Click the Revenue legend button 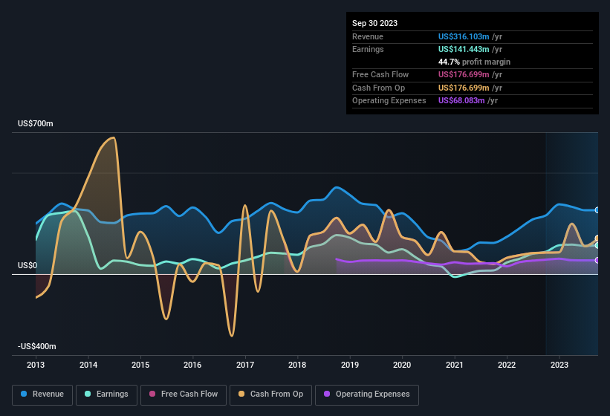[42, 394]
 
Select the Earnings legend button [106, 394]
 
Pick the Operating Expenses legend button [367, 394]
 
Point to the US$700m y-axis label [36, 123]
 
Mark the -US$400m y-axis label [37, 346]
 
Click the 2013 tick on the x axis [36, 365]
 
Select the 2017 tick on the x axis [245, 365]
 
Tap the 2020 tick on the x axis [402, 365]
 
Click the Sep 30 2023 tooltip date [374, 23]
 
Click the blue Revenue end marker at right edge [597, 210]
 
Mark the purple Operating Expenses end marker [597, 260]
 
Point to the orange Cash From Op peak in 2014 [112, 138]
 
